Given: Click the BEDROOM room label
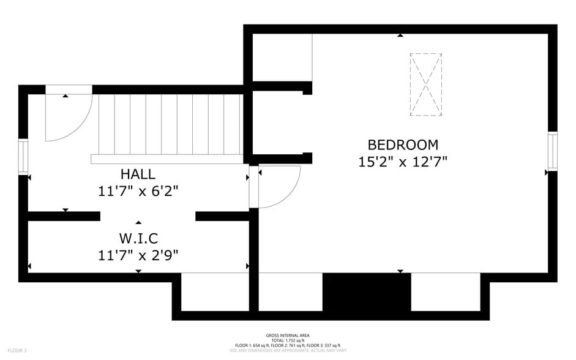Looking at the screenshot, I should (403, 145).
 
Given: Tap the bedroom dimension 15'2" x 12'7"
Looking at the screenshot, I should (403, 162).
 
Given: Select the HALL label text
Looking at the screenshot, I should (138, 174).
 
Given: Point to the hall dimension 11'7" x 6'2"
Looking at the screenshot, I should (138, 191).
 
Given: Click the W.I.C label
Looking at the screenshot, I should (138, 237).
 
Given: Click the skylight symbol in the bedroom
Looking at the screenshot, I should (425, 84).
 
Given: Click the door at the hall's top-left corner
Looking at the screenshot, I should (69, 116).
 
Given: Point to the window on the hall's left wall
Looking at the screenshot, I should (23, 157).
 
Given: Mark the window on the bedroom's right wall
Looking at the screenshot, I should (553, 151).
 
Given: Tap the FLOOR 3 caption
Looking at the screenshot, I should (17, 350).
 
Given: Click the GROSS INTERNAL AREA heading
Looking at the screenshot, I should (287, 335).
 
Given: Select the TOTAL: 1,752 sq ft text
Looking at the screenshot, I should (287, 340).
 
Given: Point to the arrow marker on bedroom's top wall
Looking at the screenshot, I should (400, 36).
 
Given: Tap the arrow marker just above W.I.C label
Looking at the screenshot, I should (138, 222).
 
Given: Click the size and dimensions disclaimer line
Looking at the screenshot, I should (287, 351).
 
